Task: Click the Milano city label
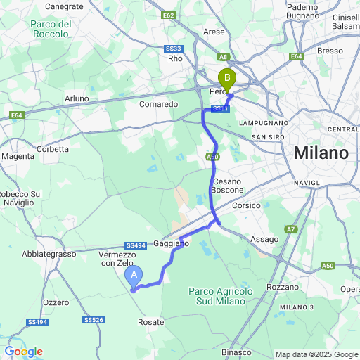(x=321, y=153)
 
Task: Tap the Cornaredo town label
(x=159, y=104)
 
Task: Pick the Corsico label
(x=246, y=206)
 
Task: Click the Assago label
(x=264, y=240)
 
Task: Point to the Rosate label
(x=151, y=322)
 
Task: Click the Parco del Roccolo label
(x=51, y=29)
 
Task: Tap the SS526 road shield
(x=94, y=320)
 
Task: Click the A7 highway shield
(x=290, y=229)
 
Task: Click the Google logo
(x=23, y=352)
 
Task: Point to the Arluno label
(x=76, y=98)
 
